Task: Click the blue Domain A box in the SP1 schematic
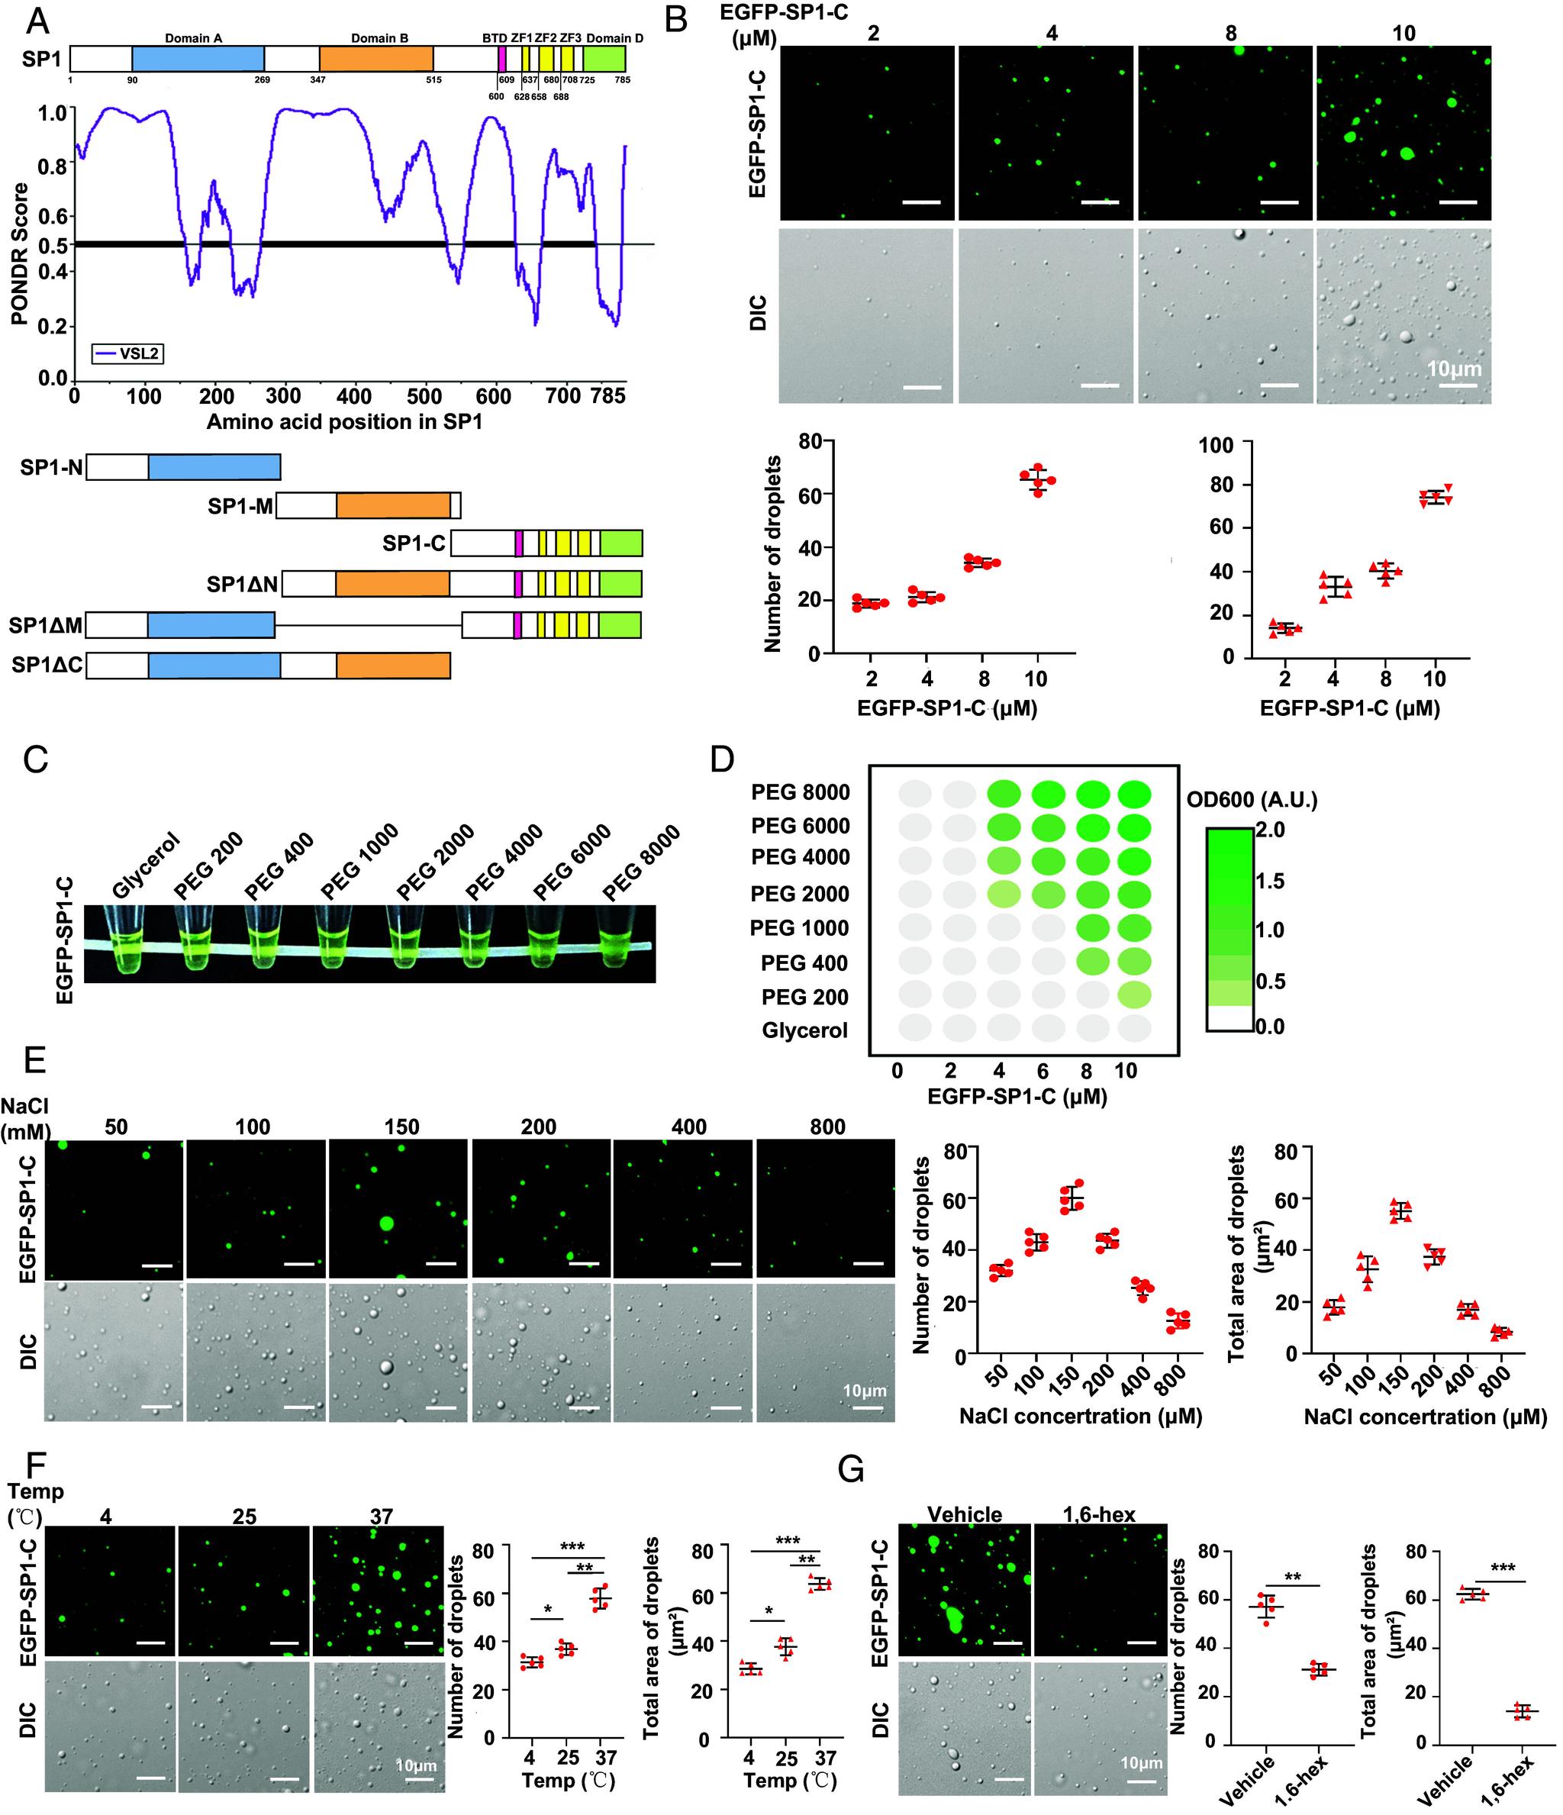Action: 198,59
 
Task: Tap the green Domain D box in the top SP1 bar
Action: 604,59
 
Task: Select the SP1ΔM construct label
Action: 47,625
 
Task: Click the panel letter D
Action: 721,759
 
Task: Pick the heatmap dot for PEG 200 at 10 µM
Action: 1133,995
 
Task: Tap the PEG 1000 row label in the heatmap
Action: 800,927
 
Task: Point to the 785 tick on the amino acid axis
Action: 607,396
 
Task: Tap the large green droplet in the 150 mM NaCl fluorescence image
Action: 385,1223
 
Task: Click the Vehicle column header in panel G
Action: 964,1514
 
